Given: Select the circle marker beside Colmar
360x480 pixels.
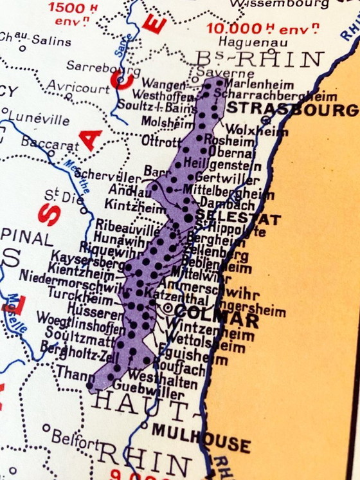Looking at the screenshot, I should [169, 309].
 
